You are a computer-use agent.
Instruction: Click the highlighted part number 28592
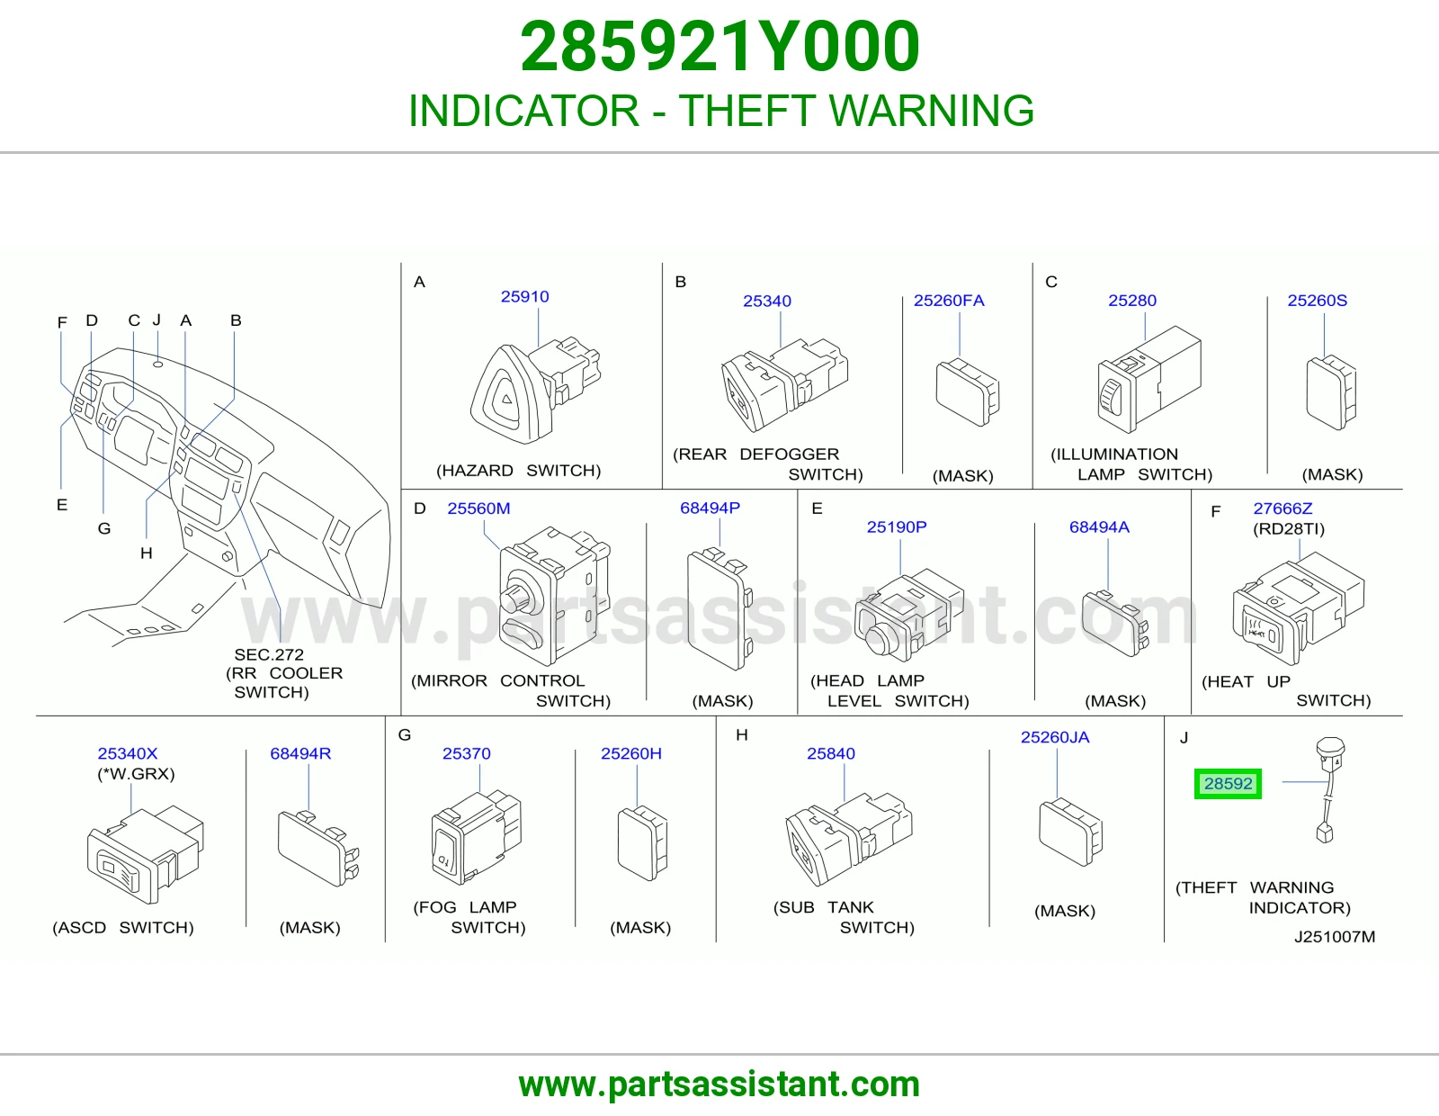(x=1228, y=784)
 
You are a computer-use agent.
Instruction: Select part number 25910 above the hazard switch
(x=524, y=296)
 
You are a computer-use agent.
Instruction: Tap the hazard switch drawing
(x=535, y=390)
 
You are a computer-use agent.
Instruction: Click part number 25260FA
(x=949, y=301)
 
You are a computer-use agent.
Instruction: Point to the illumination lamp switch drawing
(x=1149, y=380)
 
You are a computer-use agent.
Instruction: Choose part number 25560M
(x=478, y=508)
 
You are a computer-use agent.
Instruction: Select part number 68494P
(x=710, y=508)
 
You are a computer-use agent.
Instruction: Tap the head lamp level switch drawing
(x=909, y=615)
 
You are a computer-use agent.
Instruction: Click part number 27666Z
(x=1283, y=508)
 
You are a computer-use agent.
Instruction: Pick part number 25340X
(x=128, y=753)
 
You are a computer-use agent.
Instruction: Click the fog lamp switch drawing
(x=476, y=836)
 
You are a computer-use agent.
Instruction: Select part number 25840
(x=830, y=753)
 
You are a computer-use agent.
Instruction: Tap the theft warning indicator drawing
(x=1328, y=789)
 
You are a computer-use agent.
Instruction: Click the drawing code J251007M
(x=1335, y=936)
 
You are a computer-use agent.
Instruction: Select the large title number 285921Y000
(x=719, y=46)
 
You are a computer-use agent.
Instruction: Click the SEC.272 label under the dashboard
(x=269, y=655)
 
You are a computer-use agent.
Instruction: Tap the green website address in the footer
(x=719, y=1084)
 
